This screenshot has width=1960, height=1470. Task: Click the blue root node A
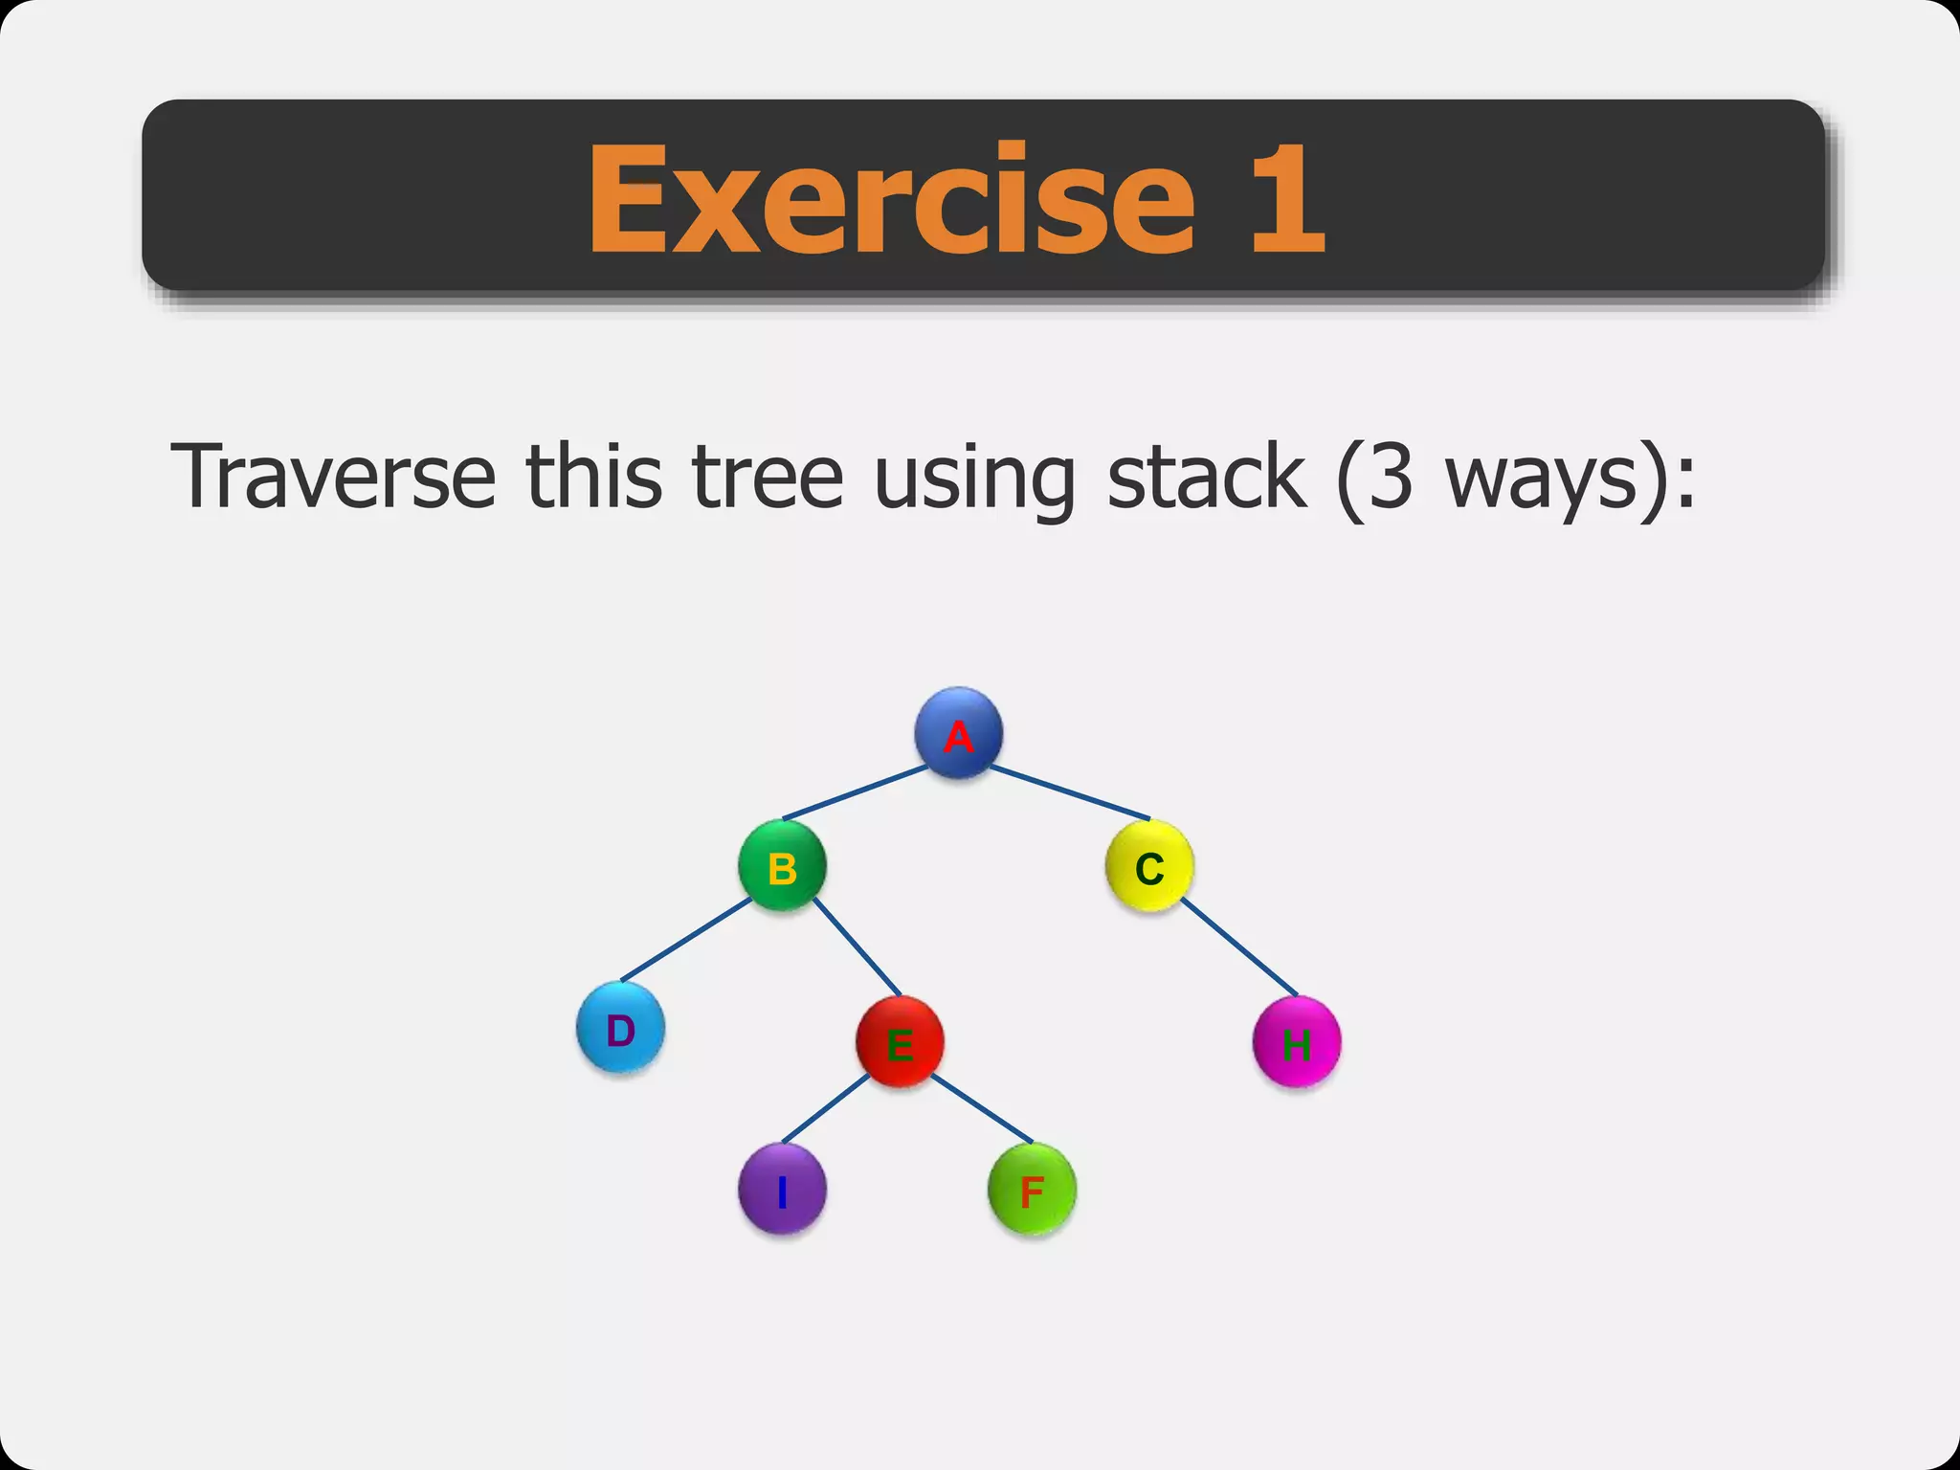pyautogui.click(x=958, y=733)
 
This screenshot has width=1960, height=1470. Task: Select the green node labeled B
pyautogui.click(x=782, y=866)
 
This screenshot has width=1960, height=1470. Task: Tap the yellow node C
pyautogui.click(x=1148, y=866)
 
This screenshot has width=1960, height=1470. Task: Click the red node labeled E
pyautogui.click(x=900, y=1042)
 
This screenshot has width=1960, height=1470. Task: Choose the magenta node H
pyautogui.click(x=1296, y=1042)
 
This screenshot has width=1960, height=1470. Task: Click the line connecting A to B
pyautogui.click(x=855, y=793)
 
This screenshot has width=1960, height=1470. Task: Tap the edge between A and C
pyautogui.click(x=1069, y=793)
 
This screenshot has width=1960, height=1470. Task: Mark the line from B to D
pyautogui.click(x=686, y=940)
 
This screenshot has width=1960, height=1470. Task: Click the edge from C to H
pyautogui.click(x=1239, y=947)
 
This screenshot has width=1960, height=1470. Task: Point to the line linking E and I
pyautogui.click(x=826, y=1109)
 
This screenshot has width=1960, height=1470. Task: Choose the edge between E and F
pyautogui.click(x=982, y=1109)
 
